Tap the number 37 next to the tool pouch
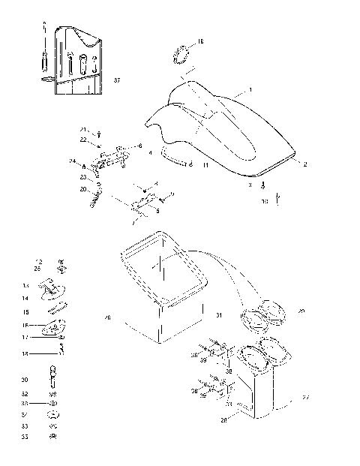pyautogui.click(x=116, y=80)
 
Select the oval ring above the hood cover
pyautogui.click(x=180, y=55)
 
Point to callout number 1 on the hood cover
pyautogui.click(x=250, y=89)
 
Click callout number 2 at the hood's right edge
pyautogui.click(x=304, y=163)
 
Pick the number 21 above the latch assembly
pyautogui.click(x=84, y=130)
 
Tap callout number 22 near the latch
pyautogui.click(x=83, y=140)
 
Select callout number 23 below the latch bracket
pyautogui.click(x=83, y=177)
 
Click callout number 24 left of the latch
pyautogui.click(x=73, y=161)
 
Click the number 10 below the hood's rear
pyautogui.click(x=264, y=202)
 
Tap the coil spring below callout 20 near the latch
pyautogui.click(x=95, y=199)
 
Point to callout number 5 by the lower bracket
pyautogui.click(x=157, y=211)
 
